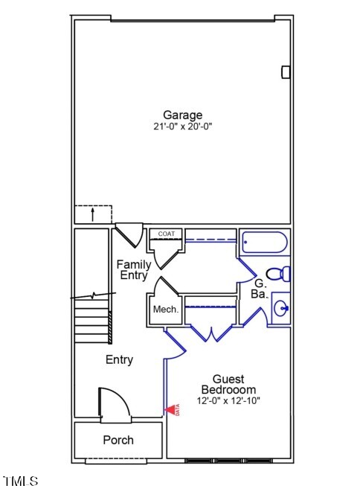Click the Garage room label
pyautogui.click(x=183, y=115)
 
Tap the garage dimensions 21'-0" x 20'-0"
pyautogui.click(x=183, y=126)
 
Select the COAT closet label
pyautogui.click(x=166, y=234)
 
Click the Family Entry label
pyautogui.click(x=134, y=269)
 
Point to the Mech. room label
pyautogui.click(x=165, y=310)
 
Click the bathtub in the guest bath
pyautogui.click(x=264, y=243)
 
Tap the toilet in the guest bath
pyautogui.click(x=278, y=274)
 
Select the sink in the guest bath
pyautogui.click(x=281, y=307)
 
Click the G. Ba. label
pyautogui.click(x=260, y=289)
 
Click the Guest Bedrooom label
pyautogui.click(x=228, y=384)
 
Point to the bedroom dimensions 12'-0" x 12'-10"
pyautogui.click(x=228, y=400)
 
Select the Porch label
pyautogui.click(x=118, y=440)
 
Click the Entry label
pyautogui.click(x=119, y=359)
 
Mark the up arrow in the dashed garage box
pyautogui.click(x=92, y=215)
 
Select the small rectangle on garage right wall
pyautogui.click(x=286, y=71)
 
